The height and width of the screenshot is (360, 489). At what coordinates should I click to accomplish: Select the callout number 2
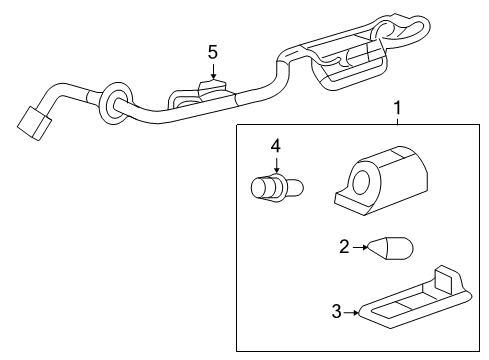click(343, 246)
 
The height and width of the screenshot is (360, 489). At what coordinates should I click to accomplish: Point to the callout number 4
click(276, 146)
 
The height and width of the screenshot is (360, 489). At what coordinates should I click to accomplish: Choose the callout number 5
click(212, 51)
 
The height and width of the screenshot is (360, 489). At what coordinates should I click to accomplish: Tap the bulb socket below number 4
click(273, 188)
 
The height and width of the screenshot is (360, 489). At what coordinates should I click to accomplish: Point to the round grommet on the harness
click(112, 101)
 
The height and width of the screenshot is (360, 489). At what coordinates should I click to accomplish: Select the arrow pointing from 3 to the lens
click(352, 313)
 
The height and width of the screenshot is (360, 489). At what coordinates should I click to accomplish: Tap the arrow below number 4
click(276, 163)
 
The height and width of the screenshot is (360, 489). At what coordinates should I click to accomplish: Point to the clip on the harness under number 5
click(213, 93)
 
